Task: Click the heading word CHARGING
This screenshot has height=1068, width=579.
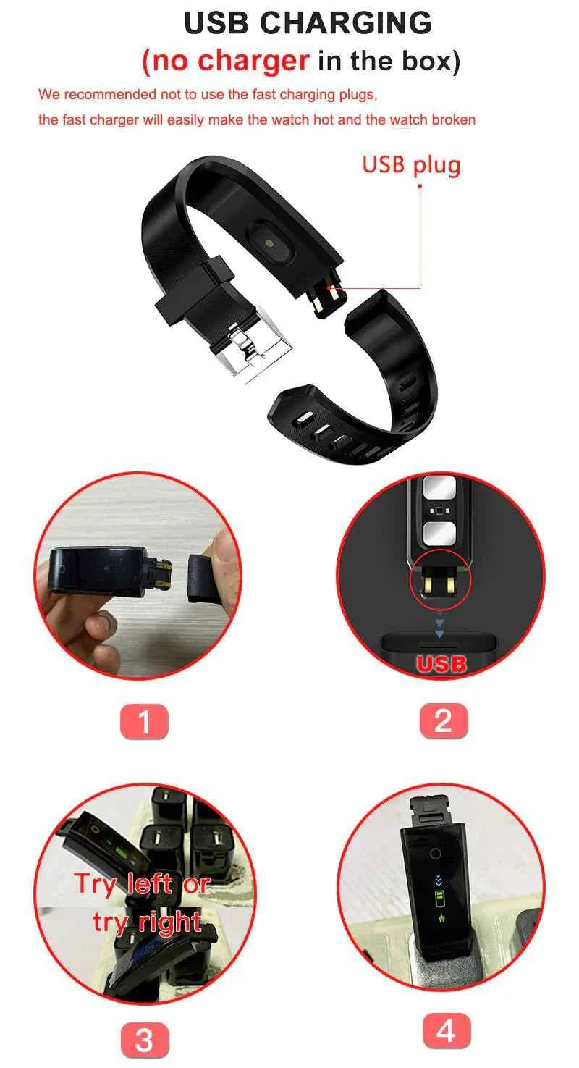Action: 345,23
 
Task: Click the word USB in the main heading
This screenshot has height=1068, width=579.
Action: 218,23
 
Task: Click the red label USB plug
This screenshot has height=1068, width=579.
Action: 410,164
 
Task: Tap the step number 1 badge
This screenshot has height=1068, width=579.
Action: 144,721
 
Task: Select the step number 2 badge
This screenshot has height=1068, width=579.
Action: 443,721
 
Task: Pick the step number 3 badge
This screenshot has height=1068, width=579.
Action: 144,1040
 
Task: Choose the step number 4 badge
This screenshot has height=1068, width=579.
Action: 446,1031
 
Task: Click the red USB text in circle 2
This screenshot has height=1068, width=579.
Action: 440,663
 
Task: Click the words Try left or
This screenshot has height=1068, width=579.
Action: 142,884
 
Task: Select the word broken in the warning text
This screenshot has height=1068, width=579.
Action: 453,119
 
